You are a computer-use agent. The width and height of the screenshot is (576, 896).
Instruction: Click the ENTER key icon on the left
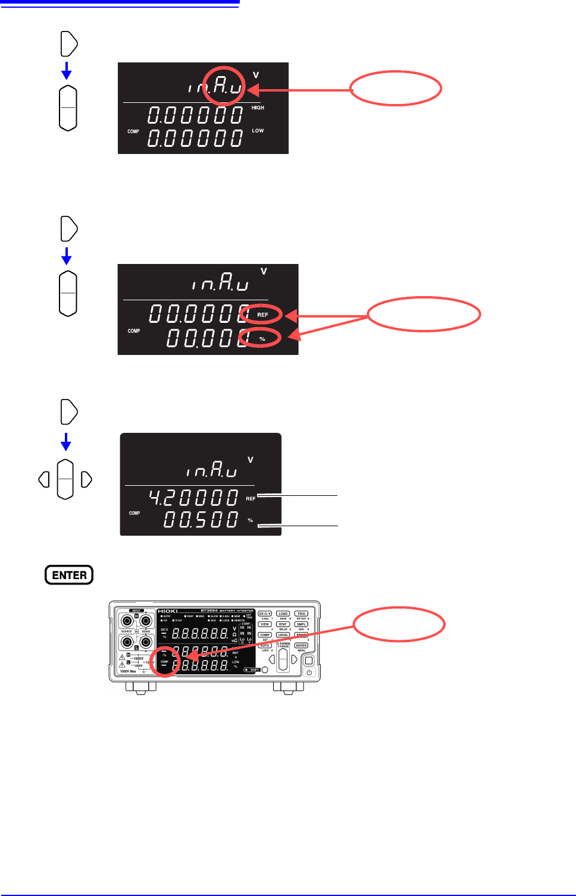tap(69, 575)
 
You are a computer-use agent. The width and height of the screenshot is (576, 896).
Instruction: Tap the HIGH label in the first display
tap(258, 108)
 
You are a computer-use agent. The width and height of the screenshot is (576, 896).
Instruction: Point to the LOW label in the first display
tap(258, 131)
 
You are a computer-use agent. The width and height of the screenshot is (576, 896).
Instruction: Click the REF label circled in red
tap(262, 315)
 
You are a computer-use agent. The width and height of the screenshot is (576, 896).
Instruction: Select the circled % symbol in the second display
tap(262, 338)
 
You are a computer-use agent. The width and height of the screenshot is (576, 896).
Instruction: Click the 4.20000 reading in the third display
tap(193, 497)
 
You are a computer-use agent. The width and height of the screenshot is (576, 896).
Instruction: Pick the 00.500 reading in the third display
tap(201, 520)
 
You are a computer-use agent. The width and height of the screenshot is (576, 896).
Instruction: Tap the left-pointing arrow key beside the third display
tap(43, 479)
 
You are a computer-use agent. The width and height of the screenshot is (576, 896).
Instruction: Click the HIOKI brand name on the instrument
tap(168, 611)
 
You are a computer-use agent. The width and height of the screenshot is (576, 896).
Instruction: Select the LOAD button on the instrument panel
tap(283, 614)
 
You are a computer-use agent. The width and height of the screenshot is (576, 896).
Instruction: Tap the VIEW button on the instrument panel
tap(265, 624)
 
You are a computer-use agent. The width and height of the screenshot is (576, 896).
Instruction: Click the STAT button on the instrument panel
tap(283, 624)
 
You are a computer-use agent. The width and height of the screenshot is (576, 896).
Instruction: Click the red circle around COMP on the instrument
tap(164, 662)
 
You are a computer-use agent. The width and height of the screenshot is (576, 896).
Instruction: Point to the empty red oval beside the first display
tap(395, 89)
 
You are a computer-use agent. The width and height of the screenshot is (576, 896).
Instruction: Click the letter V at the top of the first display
tap(256, 76)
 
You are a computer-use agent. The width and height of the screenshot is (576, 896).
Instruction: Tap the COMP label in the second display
tap(134, 331)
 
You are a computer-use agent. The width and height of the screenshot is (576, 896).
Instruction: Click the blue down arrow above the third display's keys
tap(66, 442)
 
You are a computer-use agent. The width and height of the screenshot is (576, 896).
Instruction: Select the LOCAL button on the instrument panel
tap(283, 635)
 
